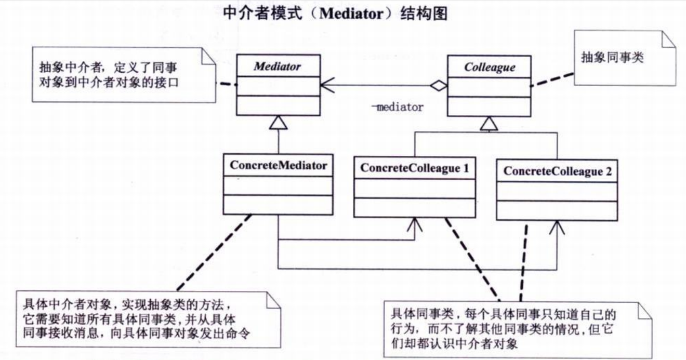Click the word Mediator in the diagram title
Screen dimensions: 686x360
(351, 14)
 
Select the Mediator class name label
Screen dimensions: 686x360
(278, 66)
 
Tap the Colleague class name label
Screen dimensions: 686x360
(490, 68)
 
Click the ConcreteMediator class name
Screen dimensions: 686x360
(279, 165)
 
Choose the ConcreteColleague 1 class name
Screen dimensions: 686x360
(415, 168)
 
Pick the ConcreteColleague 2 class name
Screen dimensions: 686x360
(557, 171)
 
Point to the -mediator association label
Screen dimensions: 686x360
(398, 107)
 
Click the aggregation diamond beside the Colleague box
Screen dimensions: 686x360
(439, 85)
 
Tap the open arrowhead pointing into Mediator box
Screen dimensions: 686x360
(327, 85)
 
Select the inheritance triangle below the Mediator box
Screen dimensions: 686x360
(278, 123)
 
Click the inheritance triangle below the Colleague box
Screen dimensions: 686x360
(489, 124)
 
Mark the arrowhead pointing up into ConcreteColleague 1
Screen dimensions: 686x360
(415, 225)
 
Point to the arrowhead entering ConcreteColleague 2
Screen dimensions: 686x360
(557, 228)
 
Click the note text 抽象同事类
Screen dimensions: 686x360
(612, 57)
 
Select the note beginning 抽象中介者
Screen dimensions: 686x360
(124, 75)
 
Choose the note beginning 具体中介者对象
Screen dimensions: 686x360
(148, 319)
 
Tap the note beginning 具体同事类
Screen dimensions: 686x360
(518, 330)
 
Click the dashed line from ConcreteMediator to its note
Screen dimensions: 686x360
(214, 252)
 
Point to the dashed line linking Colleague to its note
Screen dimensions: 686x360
(552, 79)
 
